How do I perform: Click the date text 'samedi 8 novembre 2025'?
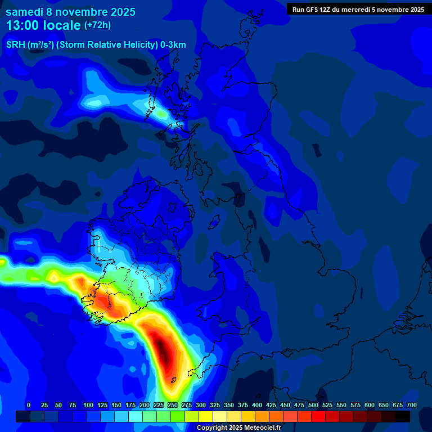coord(70,12)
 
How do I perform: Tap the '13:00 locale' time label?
coord(44,26)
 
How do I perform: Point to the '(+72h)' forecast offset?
coord(97,25)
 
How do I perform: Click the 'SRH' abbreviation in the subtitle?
coord(16,45)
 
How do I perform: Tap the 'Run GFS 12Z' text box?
coord(358,9)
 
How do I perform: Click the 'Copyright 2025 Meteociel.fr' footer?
coord(238,428)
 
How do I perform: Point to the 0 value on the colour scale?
coord(29,405)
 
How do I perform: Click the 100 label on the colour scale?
coord(88,405)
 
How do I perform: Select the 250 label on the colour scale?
coord(173,405)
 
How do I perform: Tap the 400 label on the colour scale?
coord(257,405)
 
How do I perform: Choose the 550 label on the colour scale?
coord(341,405)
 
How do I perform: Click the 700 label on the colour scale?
coord(412,405)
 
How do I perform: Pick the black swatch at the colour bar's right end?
coord(403,416)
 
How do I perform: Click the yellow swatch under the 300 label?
coord(206,416)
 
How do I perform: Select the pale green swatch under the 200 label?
coord(150,416)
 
